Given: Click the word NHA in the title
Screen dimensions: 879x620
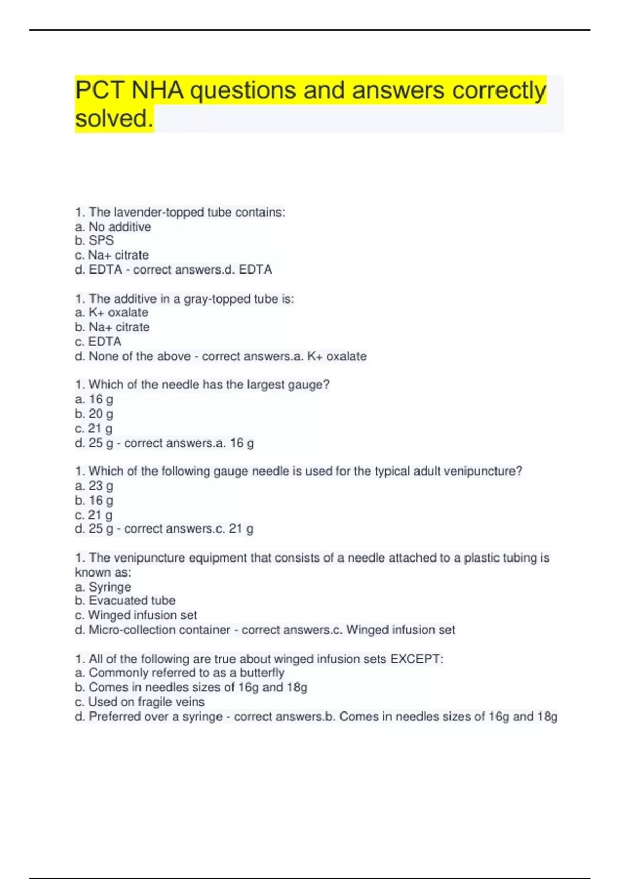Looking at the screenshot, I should point(157,90).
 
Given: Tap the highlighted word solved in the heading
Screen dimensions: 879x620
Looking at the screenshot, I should point(114,118).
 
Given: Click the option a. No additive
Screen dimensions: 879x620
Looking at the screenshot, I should point(113,226).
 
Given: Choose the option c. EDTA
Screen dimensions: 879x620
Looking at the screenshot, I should point(98,342).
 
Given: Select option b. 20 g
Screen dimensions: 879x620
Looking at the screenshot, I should point(94,414).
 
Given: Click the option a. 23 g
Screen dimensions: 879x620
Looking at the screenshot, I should point(94,486).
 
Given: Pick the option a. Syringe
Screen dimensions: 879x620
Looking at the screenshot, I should point(103,587).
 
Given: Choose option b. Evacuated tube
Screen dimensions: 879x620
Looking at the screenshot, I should point(125,601).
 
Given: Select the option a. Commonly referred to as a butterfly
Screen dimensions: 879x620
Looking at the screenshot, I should point(180,673).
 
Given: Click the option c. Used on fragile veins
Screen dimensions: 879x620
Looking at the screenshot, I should point(139,702).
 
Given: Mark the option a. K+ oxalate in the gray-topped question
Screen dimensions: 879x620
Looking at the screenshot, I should point(112,313).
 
